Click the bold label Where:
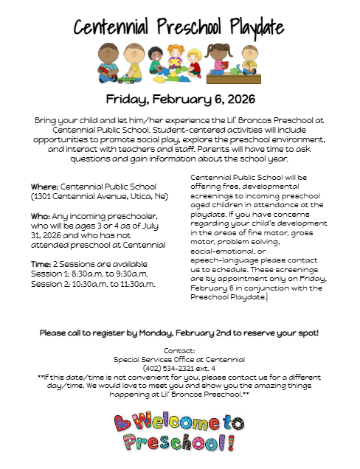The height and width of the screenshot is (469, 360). click(44, 187)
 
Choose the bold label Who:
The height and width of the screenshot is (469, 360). click(41, 215)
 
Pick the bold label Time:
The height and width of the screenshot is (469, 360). click(41, 264)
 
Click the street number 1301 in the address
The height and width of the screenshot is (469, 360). click(44, 197)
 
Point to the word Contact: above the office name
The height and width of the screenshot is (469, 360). click(180, 350)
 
